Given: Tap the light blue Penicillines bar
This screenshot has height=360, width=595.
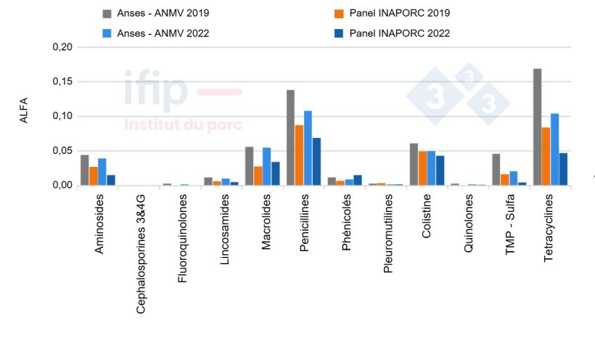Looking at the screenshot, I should click(308, 148).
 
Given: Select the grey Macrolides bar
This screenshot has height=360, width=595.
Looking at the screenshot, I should click(249, 166).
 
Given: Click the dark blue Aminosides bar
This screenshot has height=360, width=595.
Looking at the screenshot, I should click(111, 180).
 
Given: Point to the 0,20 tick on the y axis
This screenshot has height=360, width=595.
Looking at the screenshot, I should click(63, 47).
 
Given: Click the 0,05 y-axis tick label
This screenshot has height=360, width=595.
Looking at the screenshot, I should click(63, 151).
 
